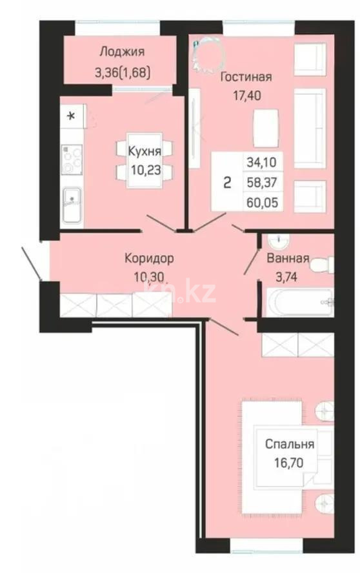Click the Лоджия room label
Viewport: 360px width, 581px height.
pyautogui.click(x=122, y=52)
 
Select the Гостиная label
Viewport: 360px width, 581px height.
pyautogui.click(x=246, y=77)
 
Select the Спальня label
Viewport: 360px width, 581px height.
pyautogui.click(x=290, y=444)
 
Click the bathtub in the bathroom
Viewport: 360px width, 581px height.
pyautogui.click(x=300, y=301)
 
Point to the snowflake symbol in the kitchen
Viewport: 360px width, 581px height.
pyautogui.click(x=71, y=117)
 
